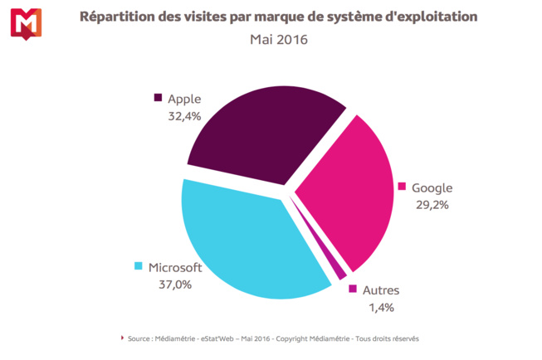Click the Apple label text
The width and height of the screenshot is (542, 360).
(x=185, y=99)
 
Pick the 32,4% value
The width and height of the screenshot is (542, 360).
(x=184, y=116)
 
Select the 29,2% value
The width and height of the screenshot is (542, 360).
(x=431, y=205)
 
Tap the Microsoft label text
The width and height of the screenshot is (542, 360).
(x=175, y=267)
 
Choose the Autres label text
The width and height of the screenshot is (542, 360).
(x=381, y=290)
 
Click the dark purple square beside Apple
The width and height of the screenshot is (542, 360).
(x=158, y=98)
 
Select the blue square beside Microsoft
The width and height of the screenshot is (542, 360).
(x=138, y=266)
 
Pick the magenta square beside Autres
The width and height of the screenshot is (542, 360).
(x=353, y=289)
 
